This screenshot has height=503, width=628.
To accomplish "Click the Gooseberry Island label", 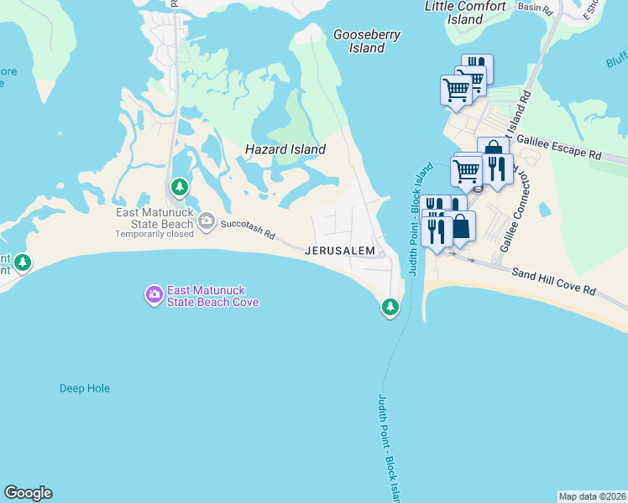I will pos(367,41).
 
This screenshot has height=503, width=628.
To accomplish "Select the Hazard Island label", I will pos(285,149).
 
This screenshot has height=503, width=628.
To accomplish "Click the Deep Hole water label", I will pos(85,388).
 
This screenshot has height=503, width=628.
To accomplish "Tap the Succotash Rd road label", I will pos(248,230).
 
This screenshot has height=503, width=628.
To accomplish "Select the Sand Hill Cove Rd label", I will pos(553,281).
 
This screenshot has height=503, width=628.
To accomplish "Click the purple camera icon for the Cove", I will pos(154,293).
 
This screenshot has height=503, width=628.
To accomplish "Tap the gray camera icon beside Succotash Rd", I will pos(207,221).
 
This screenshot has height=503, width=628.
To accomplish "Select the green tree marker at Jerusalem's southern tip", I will pos(390,307).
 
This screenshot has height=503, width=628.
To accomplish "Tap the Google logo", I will pos(28,493).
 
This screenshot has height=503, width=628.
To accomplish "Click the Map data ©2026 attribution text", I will pos(592,496).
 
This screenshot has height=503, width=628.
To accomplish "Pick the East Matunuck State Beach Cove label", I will pos(212,295).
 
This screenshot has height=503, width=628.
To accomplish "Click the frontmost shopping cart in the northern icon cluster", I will pos(456,89).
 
